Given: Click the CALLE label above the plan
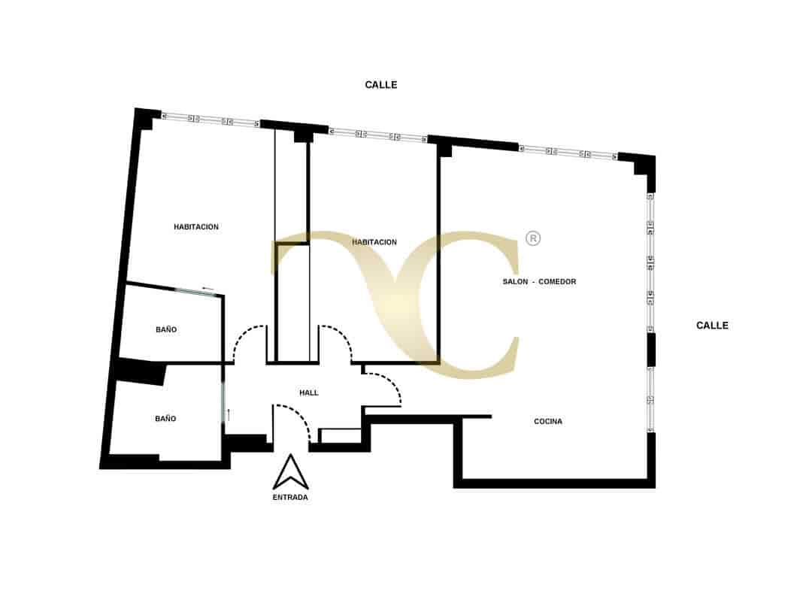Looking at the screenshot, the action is (x=380, y=85).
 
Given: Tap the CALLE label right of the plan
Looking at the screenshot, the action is (x=712, y=326).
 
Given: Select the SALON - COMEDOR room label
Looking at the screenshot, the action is (x=539, y=282).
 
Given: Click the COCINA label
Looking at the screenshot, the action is (x=548, y=422).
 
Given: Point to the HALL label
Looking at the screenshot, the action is (x=309, y=393).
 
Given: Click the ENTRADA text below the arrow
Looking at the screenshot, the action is (x=290, y=497).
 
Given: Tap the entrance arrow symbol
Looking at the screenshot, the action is (x=291, y=471).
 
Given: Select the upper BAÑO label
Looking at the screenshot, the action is (x=166, y=329).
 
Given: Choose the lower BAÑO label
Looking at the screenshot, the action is (x=165, y=419).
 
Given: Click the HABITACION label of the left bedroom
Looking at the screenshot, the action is (x=196, y=227).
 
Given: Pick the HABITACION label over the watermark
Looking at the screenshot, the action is (x=374, y=242).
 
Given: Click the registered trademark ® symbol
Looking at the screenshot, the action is (x=533, y=238).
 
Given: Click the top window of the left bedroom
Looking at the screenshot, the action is (x=211, y=120).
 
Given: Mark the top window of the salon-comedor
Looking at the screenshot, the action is (x=568, y=152).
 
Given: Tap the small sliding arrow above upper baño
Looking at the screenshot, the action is (x=208, y=288).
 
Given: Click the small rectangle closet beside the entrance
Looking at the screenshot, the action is (x=341, y=436).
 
